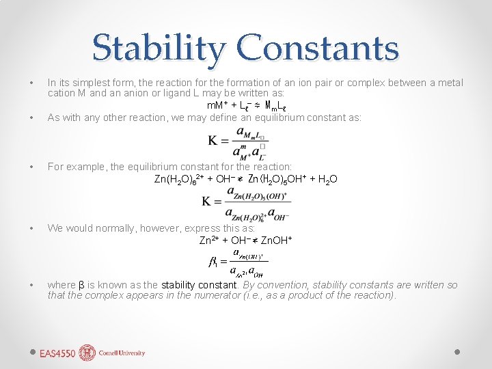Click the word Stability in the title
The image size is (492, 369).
click(x=159, y=48)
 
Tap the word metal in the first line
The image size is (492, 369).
click(x=450, y=83)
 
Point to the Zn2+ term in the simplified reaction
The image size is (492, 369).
click(x=208, y=241)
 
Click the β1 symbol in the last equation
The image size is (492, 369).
click(x=213, y=262)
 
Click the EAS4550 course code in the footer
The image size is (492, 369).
click(x=57, y=353)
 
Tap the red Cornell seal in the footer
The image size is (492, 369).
click(x=87, y=353)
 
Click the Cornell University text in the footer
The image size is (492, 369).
click(x=122, y=353)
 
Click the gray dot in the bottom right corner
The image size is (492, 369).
click(x=457, y=351)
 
